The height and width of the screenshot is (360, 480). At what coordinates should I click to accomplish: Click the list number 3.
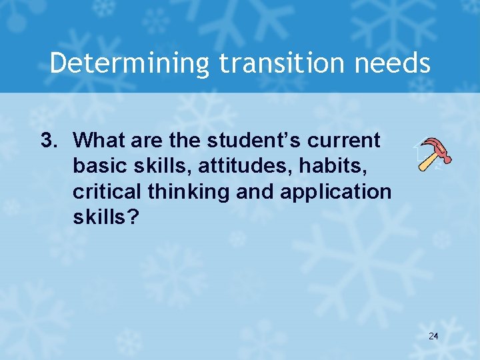48,141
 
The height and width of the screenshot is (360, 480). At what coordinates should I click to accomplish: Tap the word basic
95,166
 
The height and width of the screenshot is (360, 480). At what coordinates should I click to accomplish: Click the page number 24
433,335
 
